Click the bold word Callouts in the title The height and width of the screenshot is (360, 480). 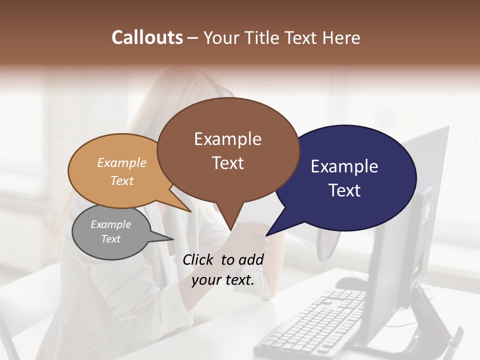147,37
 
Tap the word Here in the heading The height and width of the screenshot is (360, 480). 341,37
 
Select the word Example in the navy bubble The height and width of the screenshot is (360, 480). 344,166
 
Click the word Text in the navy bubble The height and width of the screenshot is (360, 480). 344,190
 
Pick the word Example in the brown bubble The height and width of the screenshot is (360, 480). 227,139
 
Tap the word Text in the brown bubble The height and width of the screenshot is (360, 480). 227,163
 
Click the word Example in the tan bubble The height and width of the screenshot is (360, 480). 121,163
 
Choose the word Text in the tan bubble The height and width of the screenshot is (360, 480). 121,180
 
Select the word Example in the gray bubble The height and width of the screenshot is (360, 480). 110,224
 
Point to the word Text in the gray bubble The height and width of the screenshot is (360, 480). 110,239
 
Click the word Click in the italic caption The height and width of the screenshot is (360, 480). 198,259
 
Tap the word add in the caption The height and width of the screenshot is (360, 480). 251,259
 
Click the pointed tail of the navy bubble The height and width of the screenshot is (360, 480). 266,235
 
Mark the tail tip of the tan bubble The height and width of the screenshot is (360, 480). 191,211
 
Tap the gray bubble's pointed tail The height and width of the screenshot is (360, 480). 173,239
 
